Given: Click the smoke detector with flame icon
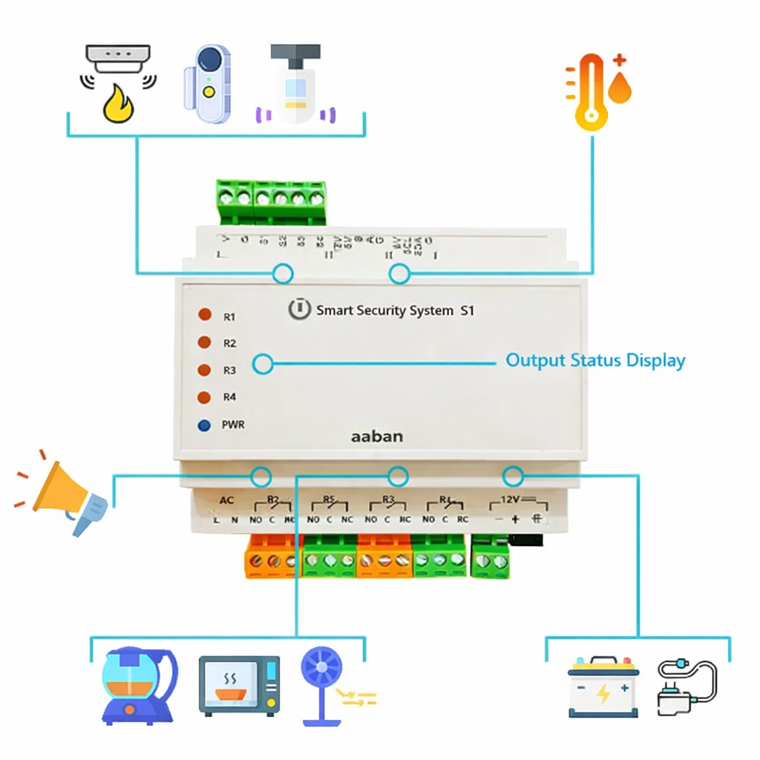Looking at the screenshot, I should [x=119, y=83].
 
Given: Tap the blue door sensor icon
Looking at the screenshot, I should [x=208, y=83].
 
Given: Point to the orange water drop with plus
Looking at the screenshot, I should [x=620, y=81].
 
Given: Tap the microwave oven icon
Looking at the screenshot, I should [x=239, y=685].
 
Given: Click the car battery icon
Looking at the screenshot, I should [x=603, y=687].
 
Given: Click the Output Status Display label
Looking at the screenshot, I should [x=595, y=361].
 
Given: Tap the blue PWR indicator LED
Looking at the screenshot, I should [x=203, y=425].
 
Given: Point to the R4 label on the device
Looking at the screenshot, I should [x=229, y=398].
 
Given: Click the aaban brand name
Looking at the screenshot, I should [x=377, y=436].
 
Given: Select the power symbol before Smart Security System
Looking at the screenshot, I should [x=298, y=309].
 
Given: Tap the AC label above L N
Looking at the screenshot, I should [x=227, y=501].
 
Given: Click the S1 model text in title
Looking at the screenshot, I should [x=466, y=311].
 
